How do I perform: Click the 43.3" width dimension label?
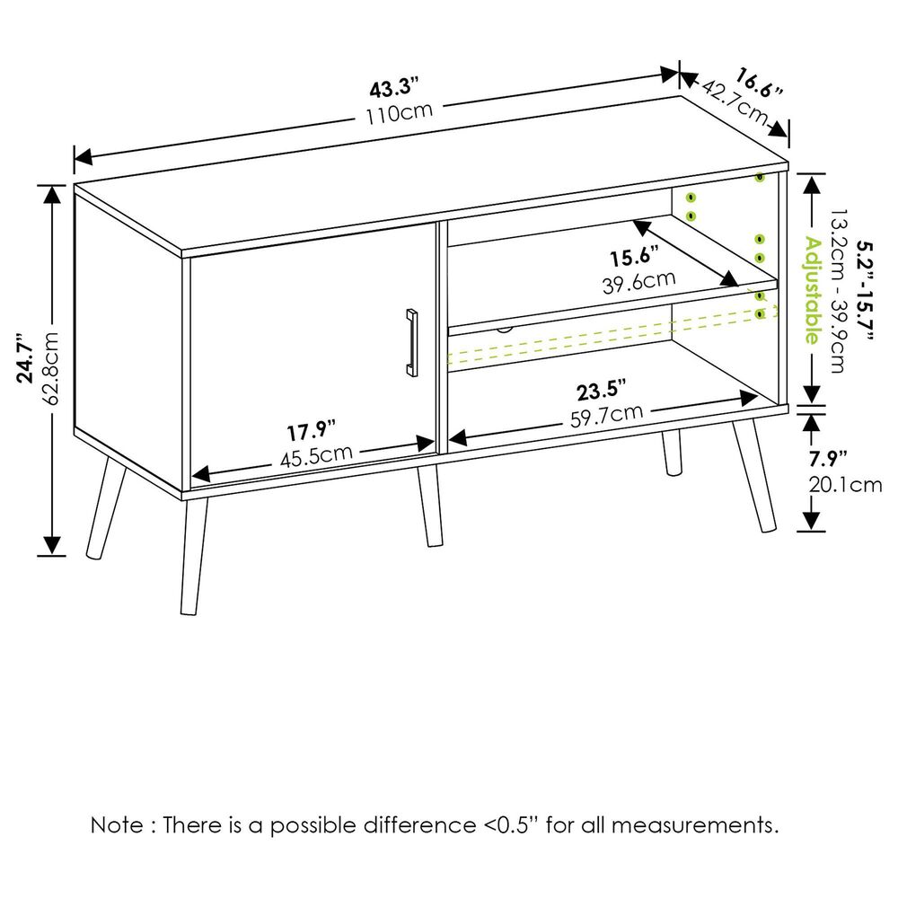(x=394, y=89)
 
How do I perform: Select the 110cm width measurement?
(x=400, y=114)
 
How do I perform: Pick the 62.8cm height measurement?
(x=52, y=368)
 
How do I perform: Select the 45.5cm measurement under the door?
(x=315, y=456)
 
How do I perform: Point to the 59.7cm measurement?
(x=608, y=415)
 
